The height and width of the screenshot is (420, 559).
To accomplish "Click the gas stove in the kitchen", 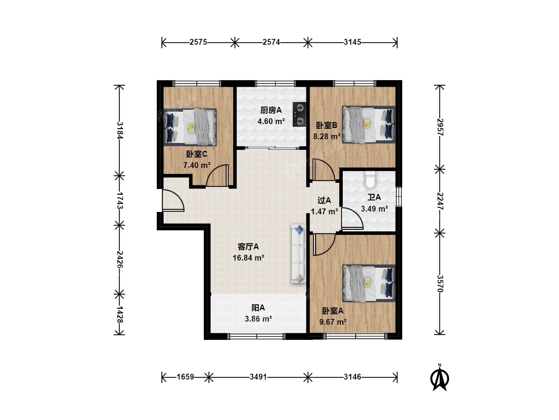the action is pyautogui.click(x=299, y=114).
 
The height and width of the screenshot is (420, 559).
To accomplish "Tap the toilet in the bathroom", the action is pyautogui.click(x=370, y=180).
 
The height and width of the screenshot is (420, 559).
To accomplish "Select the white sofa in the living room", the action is pyautogui.click(x=299, y=254).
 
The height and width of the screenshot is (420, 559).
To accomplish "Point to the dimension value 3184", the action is pyautogui.click(x=120, y=130).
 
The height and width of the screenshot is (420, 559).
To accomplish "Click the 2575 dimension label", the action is pyautogui.click(x=198, y=42).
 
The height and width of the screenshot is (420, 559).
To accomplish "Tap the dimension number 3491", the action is pyautogui.click(x=258, y=377).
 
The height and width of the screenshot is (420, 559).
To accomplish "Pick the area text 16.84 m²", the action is pyautogui.click(x=248, y=258).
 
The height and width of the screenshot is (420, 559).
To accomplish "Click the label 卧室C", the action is pyautogui.click(x=196, y=154).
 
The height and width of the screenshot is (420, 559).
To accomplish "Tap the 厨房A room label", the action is pyautogui.click(x=271, y=110).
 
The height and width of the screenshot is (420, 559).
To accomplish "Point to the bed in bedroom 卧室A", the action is pyautogui.click(x=369, y=283).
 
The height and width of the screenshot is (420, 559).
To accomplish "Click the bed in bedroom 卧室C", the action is pyautogui.click(x=190, y=127).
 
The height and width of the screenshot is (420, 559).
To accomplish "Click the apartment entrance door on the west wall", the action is pyautogui.click(x=173, y=200).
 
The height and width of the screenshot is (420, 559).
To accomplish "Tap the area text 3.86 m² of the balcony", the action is pyautogui.click(x=258, y=319).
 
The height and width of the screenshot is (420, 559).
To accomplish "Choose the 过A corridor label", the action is pyautogui.click(x=324, y=200).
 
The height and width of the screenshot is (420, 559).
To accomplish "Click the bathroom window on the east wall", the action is pyautogui.click(x=399, y=197).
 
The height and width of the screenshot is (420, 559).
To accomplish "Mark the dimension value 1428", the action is pyautogui.click(x=120, y=315).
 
